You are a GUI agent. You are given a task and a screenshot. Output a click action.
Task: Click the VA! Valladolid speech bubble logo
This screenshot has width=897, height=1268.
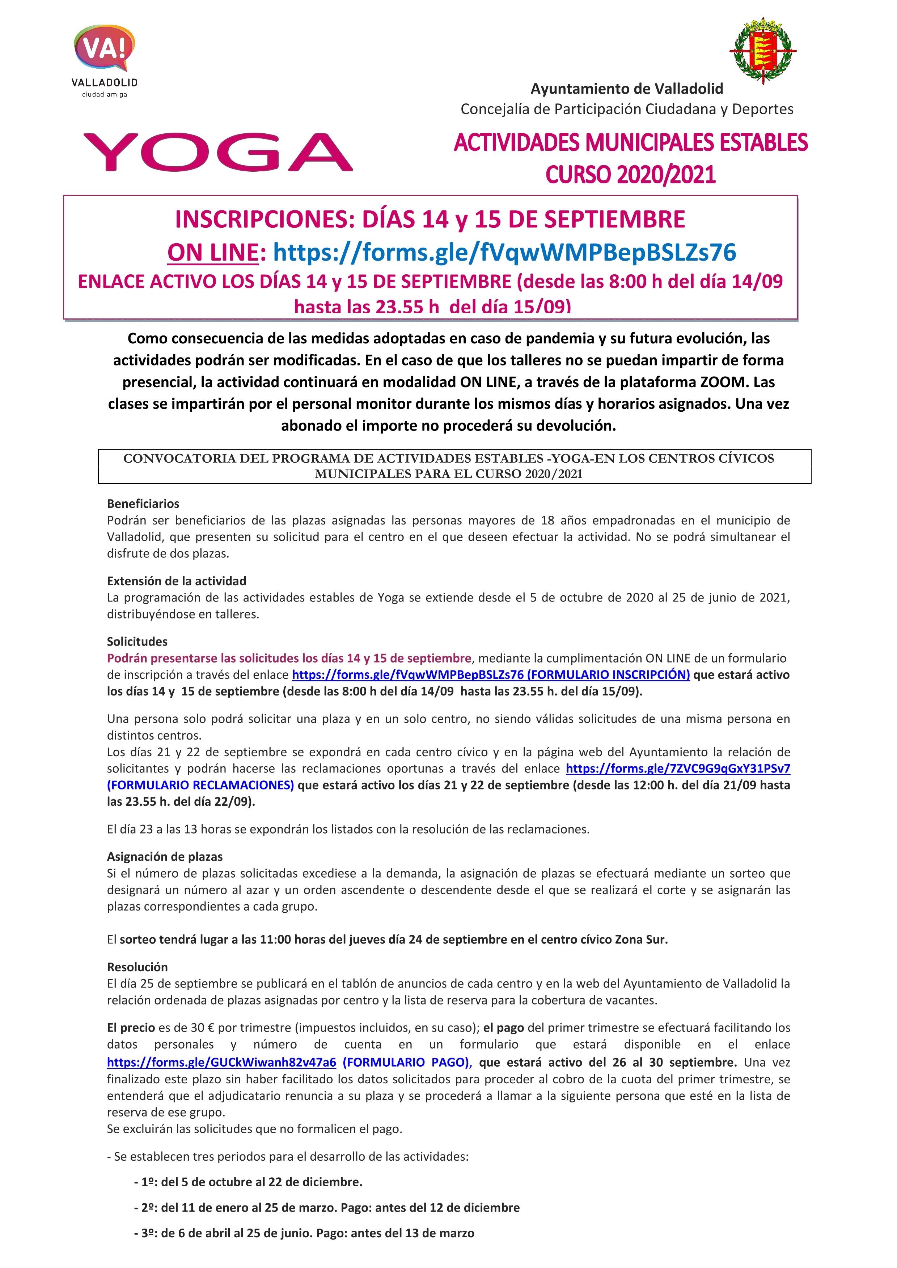point(105,50)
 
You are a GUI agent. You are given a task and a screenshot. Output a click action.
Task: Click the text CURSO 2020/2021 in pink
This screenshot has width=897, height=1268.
point(631,175)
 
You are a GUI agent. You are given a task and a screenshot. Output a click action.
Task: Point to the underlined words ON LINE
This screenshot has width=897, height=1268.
point(213,252)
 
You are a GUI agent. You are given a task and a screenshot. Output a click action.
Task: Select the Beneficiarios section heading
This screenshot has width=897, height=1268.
point(143,504)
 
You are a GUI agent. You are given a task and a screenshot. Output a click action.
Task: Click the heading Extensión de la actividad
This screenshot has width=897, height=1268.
point(176,581)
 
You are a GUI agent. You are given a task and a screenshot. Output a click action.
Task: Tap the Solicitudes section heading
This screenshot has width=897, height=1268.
point(137,642)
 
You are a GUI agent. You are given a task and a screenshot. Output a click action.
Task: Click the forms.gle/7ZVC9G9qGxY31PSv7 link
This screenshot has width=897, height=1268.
point(678,769)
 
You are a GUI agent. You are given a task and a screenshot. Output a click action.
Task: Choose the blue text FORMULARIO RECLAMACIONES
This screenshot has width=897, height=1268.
point(200,785)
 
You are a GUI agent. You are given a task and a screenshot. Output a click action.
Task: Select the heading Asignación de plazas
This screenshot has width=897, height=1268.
point(165,857)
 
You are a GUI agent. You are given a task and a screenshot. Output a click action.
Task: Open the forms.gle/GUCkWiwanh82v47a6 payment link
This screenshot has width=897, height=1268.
point(221,1063)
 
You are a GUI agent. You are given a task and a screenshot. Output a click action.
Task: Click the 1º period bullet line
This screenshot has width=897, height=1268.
point(248,1182)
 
